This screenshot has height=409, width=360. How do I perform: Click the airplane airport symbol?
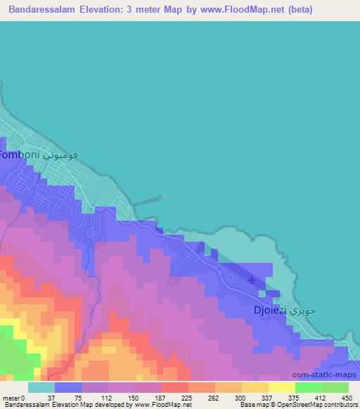[x=252, y=280]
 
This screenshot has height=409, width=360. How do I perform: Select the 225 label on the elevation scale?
[x=187, y=398]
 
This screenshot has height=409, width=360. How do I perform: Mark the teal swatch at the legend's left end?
[x=41, y=387]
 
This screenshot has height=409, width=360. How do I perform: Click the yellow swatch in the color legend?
[x=281, y=387]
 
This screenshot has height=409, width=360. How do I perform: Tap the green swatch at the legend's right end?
[x=335, y=387]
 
